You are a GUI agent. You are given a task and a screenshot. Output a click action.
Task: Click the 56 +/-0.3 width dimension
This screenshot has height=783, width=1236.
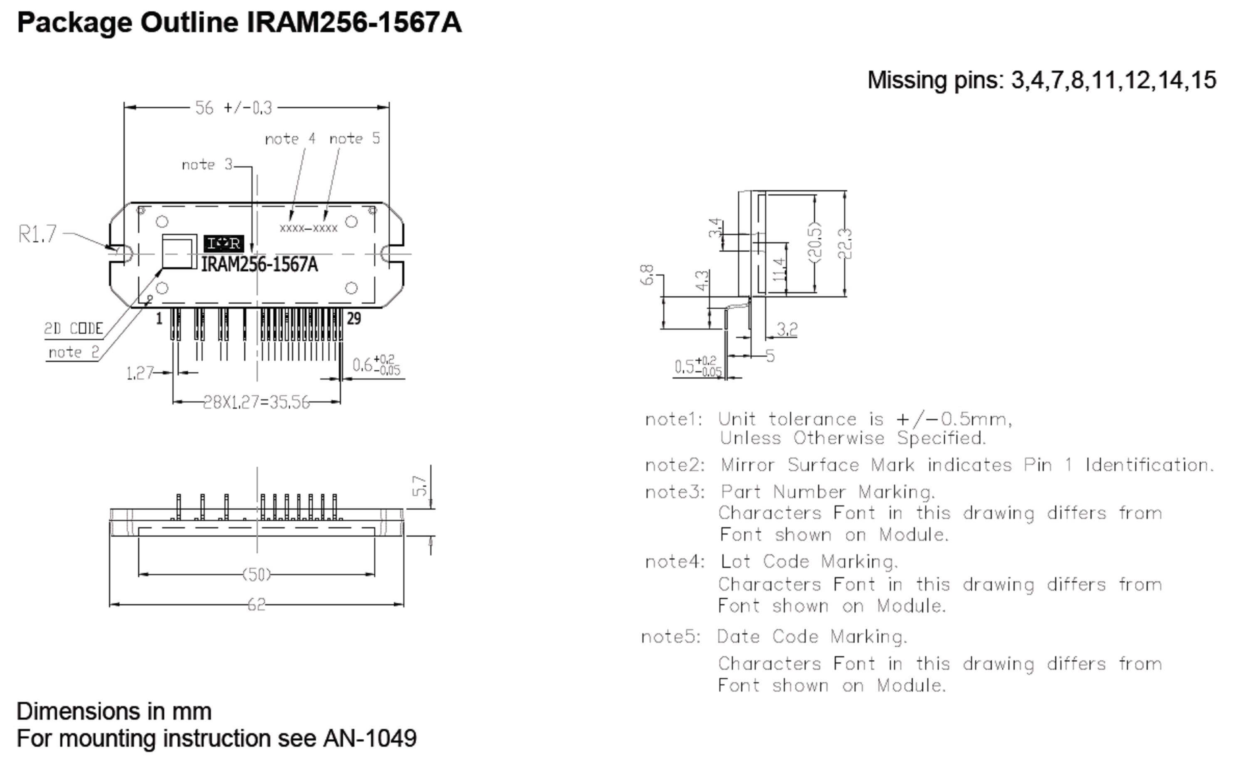[234, 108]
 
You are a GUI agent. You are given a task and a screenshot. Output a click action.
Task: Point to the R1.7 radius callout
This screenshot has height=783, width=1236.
[37, 234]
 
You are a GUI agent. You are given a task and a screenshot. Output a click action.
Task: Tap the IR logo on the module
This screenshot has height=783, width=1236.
[224, 243]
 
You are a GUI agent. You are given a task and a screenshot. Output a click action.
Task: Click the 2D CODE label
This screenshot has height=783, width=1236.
[73, 329]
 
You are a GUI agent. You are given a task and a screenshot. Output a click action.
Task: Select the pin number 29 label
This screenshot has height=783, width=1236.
[353, 319]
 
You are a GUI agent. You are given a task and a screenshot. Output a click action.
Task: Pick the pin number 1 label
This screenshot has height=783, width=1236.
[159, 319]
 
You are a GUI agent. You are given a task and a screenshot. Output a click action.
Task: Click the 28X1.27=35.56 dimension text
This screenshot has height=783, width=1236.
[257, 402]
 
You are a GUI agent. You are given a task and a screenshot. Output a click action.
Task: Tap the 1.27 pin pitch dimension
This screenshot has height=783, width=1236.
[140, 373]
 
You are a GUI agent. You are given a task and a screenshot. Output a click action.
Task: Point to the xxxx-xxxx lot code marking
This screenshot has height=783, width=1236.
[309, 228]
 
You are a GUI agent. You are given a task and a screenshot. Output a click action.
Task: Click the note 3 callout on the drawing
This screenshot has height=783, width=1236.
[207, 165]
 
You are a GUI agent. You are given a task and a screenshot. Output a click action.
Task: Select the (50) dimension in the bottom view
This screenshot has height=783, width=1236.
[257, 575]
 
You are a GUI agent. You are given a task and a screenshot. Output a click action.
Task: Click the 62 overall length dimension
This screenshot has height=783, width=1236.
[257, 605]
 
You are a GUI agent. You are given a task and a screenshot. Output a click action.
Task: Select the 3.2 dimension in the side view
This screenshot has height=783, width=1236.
[787, 329]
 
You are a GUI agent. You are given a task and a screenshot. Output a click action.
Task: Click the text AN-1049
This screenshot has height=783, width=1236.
[370, 739]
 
